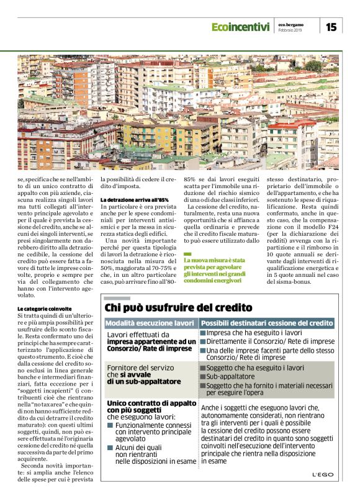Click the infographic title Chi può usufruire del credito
[x=178, y=307]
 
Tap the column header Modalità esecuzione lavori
[x=150, y=323]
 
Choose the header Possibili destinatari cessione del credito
[x=268, y=323]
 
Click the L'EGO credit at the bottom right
[x=323, y=475]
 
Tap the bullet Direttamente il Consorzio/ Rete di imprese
[x=261, y=341]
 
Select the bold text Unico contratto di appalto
[x=148, y=402]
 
